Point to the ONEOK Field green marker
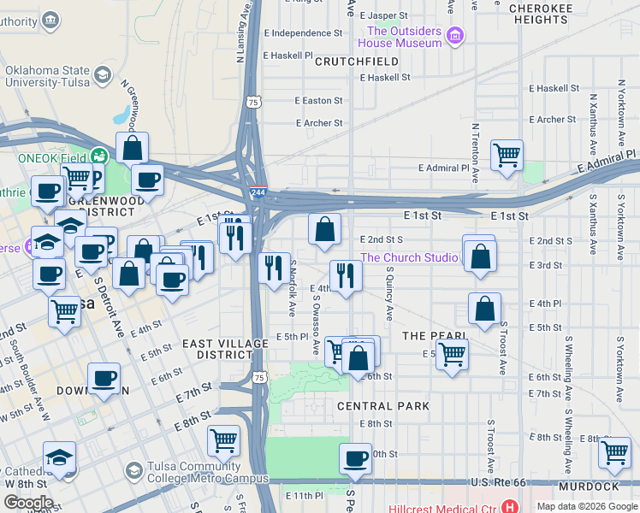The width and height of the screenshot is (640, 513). pos(101,156)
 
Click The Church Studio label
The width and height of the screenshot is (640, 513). pos(408,257)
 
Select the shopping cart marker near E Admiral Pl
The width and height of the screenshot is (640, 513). pos(507,155)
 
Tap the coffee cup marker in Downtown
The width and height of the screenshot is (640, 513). pos(104,378)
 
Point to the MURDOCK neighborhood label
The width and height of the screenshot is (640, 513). pos(588,486)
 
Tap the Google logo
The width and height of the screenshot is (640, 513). pos(28,503)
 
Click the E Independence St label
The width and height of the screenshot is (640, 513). pos(303,33)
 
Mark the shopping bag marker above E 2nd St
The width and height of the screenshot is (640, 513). pos(325,228)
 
